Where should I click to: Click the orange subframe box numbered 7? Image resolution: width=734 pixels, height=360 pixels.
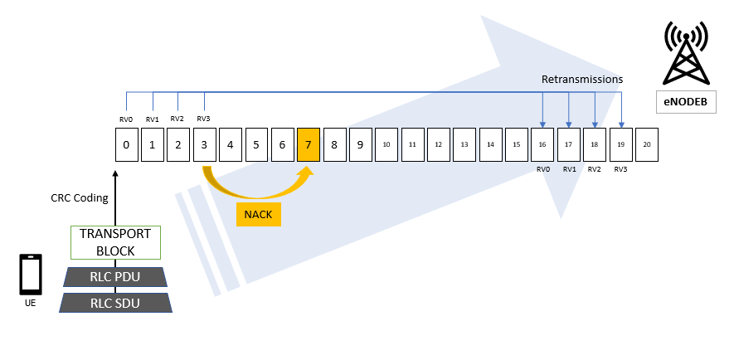tap(309, 144)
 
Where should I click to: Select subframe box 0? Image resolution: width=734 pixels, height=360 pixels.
tap(126, 144)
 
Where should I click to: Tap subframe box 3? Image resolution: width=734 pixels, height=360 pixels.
tap(204, 144)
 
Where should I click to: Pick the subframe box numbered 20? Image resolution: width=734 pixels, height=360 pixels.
tap(647, 144)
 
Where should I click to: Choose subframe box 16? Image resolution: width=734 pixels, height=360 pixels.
tap(542, 144)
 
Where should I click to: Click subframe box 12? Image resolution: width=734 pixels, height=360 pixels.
tap(439, 144)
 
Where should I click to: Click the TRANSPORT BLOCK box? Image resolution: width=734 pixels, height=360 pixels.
tap(115, 242)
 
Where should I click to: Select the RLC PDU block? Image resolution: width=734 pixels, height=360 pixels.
tap(115, 276)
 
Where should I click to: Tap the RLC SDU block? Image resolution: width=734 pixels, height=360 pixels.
tap(115, 303)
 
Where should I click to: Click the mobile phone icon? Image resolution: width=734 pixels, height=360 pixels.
tap(31, 275)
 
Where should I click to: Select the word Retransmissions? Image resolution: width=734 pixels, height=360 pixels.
tap(581, 80)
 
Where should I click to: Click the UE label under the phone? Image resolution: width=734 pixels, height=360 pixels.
tap(31, 303)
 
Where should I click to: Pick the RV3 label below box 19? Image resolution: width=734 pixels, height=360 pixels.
tap(620, 169)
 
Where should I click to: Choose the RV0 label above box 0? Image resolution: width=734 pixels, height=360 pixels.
tap(126, 119)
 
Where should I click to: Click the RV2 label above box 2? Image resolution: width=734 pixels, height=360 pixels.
tap(177, 119)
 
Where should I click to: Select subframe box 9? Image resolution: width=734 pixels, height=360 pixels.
tap(361, 144)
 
